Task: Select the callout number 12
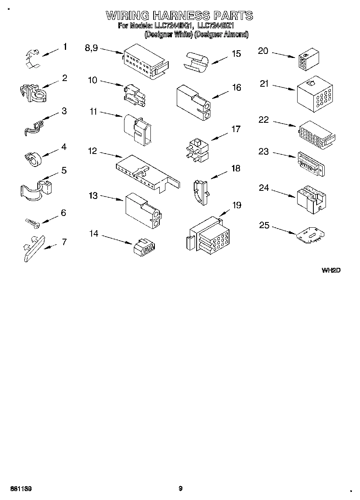coord(92,151)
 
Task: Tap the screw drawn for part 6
coord(32,222)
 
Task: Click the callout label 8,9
coord(91,47)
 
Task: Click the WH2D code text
coord(330,271)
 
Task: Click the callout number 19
coord(236,205)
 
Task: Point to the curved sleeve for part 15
coord(197,62)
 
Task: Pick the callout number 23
coord(264,152)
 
